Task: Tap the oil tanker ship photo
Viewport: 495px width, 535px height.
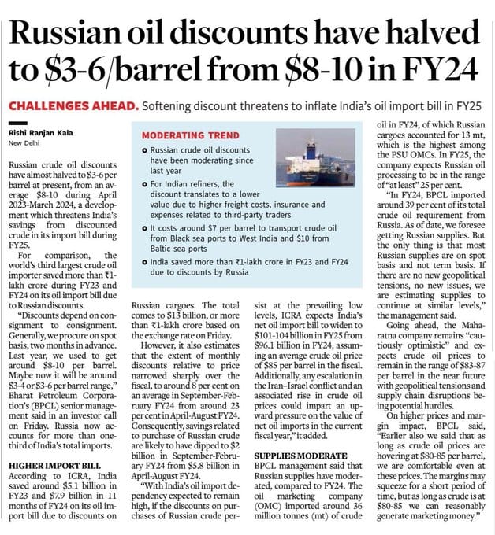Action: tap(310, 157)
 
